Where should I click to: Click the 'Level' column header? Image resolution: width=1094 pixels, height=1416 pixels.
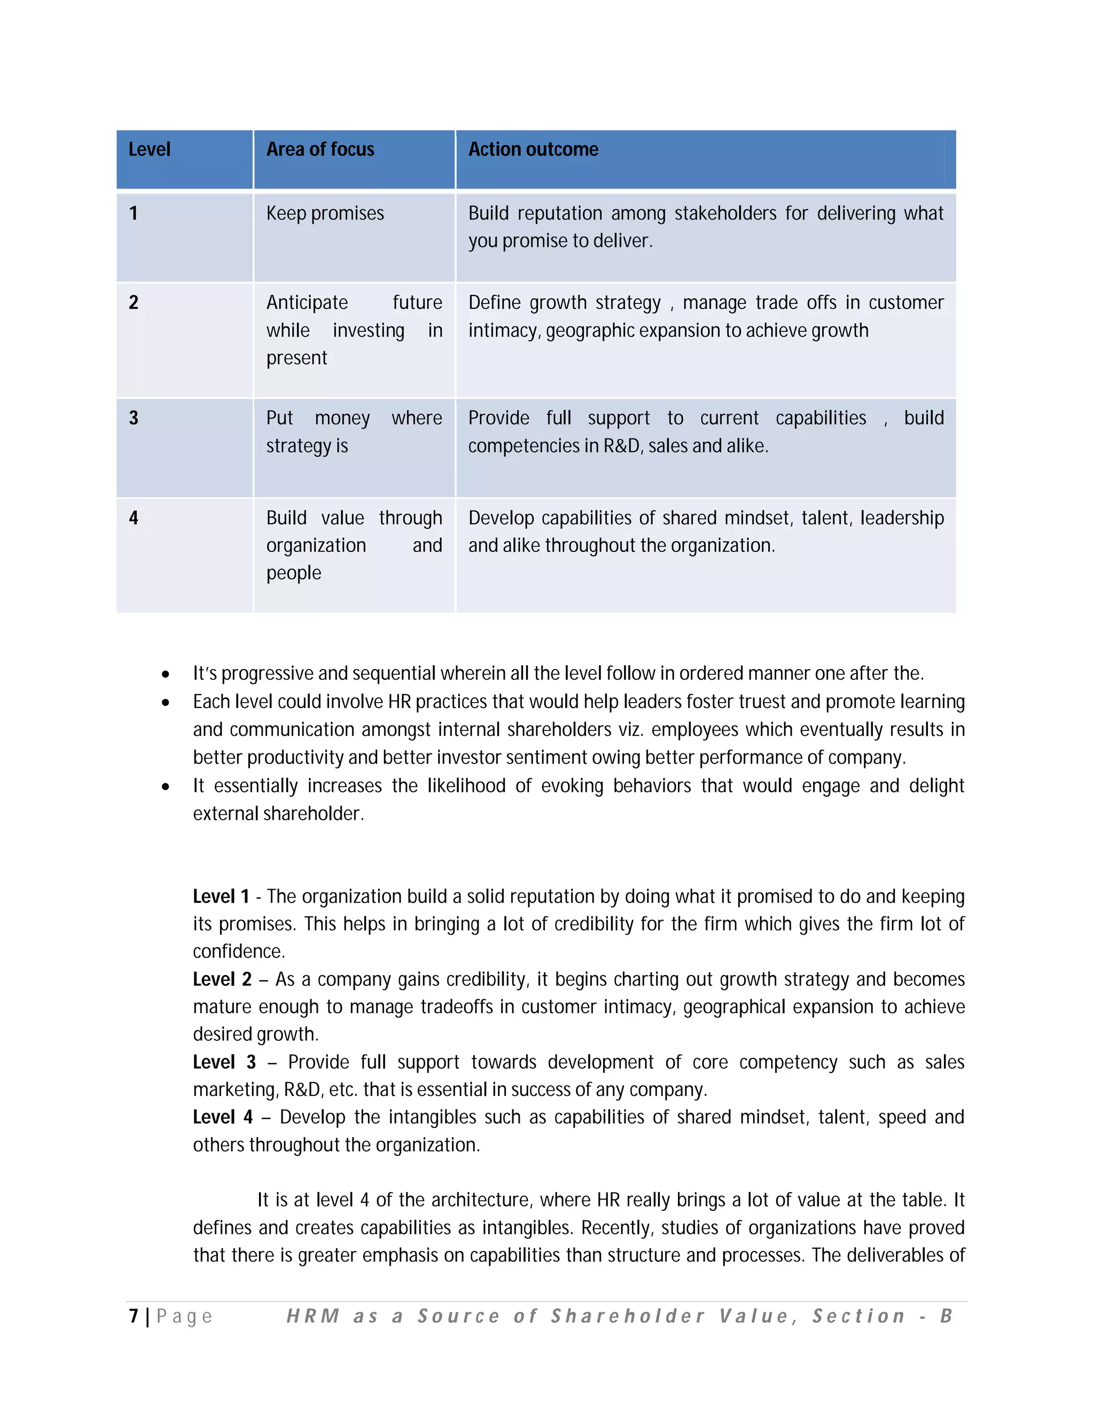pos(149,150)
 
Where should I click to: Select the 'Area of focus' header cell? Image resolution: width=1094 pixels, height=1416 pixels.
pos(320,150)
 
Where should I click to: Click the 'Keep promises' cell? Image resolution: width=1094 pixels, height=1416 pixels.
pos(325,213)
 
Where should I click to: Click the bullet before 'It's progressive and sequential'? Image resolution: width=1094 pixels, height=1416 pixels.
pos(166,674)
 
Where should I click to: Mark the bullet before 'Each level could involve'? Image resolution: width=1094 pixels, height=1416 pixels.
pos(166,702)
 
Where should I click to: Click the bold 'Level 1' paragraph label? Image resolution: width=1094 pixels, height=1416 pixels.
pos(221,897)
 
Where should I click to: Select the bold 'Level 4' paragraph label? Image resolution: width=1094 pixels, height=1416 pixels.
pos(222,1117)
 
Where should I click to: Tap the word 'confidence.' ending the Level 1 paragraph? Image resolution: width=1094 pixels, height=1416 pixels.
pos(238,951)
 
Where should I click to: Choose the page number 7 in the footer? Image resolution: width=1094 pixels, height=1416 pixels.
pos(134,1316)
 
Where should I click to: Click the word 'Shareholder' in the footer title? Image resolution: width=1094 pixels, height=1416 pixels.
pos(627,1316)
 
